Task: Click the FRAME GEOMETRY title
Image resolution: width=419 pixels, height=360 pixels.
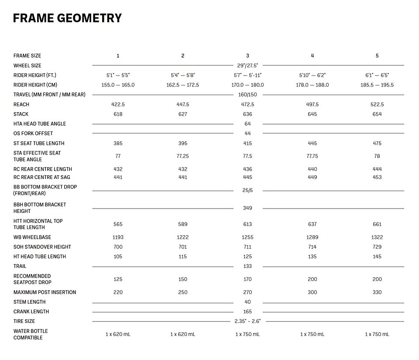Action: (67, 18)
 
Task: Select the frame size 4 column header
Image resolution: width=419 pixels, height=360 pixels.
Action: (312, 56)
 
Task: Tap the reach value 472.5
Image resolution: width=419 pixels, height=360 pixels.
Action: (247, 105)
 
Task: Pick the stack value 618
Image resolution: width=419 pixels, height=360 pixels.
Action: (118, 114)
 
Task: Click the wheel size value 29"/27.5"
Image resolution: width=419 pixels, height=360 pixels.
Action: (247, 65)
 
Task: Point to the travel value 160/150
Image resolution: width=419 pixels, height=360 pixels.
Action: (247, 95)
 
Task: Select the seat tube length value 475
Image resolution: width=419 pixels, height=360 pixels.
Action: (377, 144)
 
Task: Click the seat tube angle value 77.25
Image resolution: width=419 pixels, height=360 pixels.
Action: (182, 156)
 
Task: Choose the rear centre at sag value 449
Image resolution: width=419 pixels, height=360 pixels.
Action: (312, 177)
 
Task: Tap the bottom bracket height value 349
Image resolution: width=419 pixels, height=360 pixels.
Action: (247, 208)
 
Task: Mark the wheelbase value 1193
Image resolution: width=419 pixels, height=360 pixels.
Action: (118, 237)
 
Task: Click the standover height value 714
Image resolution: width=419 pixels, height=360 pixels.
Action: (312, 247)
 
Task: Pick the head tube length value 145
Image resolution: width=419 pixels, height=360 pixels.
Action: (377, 257)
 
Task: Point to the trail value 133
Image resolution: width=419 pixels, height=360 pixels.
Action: (247, 266)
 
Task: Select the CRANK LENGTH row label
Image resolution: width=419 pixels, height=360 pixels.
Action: (31, 312)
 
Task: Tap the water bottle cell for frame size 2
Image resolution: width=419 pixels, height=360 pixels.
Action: (182, 334)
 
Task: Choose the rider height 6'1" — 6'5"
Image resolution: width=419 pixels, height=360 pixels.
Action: (377, 75)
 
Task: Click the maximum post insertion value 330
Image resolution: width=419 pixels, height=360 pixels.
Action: (377, 292)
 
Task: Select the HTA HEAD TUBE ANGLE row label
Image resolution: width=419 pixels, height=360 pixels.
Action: (40, 124)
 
